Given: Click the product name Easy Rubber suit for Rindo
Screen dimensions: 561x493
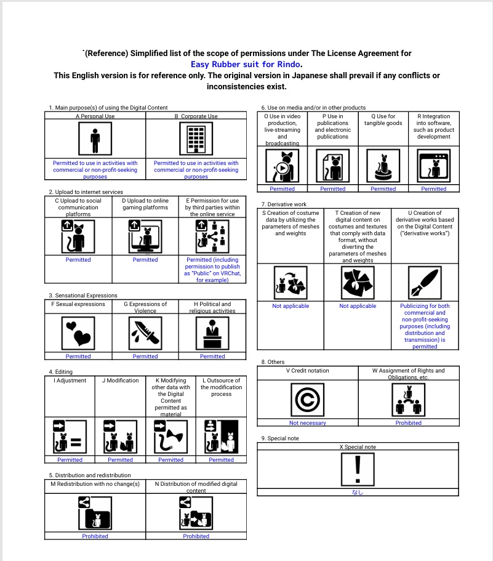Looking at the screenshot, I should coord(246,64).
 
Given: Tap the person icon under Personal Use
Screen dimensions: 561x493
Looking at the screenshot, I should coord(95,139).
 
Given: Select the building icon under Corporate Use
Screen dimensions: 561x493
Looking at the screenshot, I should coord(196,139).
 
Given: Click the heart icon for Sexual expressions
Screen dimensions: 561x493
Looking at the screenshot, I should coord(78,333).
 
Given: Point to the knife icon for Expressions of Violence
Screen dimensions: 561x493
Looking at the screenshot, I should coord(145,333).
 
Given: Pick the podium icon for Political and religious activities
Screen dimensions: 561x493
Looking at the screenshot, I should coord(212,333).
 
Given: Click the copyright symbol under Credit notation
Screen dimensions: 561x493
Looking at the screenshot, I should coord(307,400).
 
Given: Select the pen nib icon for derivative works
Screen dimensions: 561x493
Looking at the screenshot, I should coord(424,283).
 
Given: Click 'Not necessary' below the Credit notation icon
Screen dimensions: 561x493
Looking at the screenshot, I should coord(307,423).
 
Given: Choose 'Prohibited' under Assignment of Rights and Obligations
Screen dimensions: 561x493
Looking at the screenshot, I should coord(408,423).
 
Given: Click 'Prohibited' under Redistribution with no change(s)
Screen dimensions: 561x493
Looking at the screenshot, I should coord(95,536).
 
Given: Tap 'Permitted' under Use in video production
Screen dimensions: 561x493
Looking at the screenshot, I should coord(282,189).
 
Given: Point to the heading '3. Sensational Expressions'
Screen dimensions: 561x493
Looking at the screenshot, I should coord(83,296).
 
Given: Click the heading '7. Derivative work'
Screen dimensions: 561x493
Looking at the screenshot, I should coord(284,204).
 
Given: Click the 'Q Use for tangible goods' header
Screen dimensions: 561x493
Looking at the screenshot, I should coord(383,119).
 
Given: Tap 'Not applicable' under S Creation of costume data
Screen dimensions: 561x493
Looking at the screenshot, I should coord(291,306).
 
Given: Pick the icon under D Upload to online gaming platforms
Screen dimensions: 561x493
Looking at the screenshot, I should coord(145,236).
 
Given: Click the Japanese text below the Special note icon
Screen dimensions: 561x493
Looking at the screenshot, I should coord(358,492).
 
